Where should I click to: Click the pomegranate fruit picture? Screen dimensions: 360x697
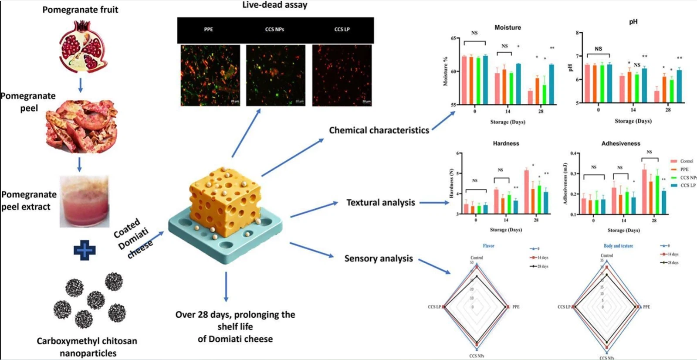83,47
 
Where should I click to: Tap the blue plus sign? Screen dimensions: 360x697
85,250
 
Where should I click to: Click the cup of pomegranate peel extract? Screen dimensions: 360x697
85,202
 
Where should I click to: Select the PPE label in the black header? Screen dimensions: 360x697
209,30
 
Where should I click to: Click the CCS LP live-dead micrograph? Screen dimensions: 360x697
342,75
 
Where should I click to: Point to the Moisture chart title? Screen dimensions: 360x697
508,27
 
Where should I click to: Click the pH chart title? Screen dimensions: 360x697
633,22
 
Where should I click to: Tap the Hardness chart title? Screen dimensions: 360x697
506,143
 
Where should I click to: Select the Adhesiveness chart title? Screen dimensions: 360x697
621,143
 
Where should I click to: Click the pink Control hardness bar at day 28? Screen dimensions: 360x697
526,192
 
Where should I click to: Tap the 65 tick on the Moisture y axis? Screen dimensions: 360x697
453,38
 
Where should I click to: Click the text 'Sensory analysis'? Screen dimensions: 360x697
379,258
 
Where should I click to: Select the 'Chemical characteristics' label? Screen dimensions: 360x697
379,130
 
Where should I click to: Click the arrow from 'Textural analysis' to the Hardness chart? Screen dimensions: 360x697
434,203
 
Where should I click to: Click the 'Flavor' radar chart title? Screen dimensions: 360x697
488,246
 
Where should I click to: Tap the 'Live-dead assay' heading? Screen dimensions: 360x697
275,5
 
